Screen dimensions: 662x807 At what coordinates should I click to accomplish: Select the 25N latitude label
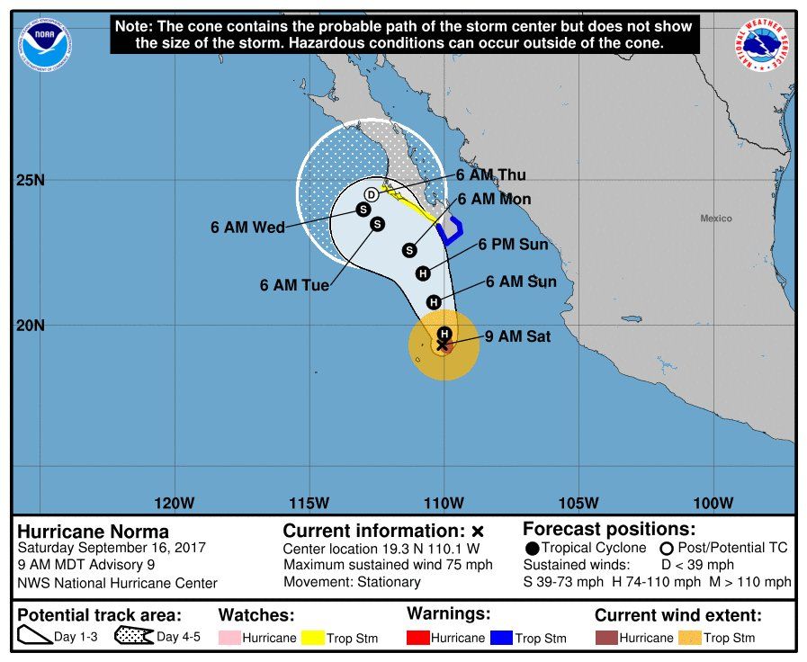(x=31, y=180)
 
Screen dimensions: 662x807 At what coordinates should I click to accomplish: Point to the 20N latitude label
(x=31, y=326)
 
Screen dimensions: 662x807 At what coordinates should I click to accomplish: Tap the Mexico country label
(x=716, y=219)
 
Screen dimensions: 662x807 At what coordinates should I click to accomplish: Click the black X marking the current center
(x=443, y=344)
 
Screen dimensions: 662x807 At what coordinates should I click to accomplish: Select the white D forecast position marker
(x=372, y=195)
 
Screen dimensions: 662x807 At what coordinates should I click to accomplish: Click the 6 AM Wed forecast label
(x=247, y=228)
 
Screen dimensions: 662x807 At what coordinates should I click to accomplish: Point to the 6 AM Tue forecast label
(x=294, y=285)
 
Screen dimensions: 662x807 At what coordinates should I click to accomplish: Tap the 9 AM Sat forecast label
(x=517, y=337)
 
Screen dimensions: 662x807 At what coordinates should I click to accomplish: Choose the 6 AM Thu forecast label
(x=490, y=175)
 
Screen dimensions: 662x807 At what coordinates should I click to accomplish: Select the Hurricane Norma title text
(x=94, y=532)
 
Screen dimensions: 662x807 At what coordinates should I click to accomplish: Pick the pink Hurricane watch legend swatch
(x=231, y=639)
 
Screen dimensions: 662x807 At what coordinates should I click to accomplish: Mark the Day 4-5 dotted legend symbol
(x=132, y=638)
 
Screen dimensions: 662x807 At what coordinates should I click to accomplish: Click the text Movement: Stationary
(x=352, y=582)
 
